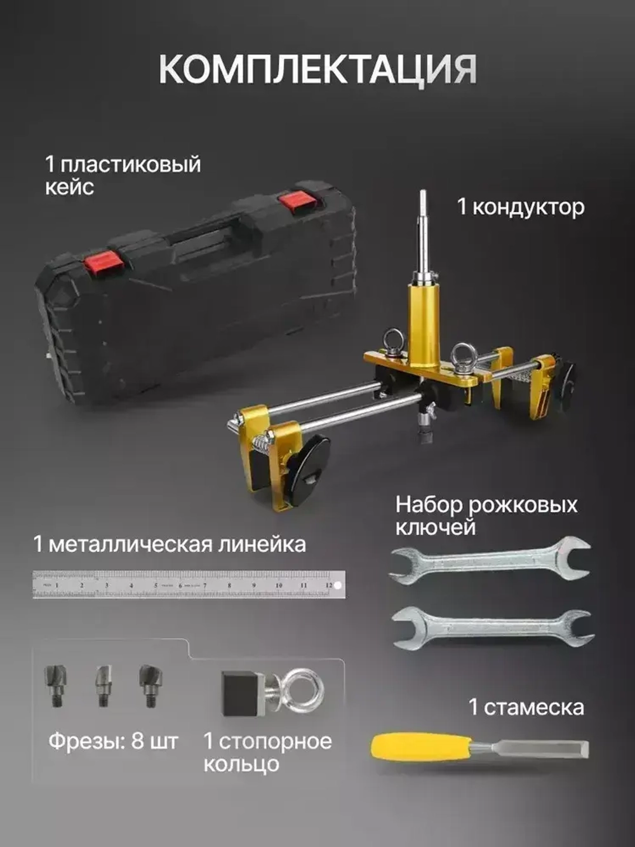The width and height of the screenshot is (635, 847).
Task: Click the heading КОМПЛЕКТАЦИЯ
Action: tap(317, 69)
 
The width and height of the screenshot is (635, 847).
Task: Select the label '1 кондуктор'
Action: tap(521, 207)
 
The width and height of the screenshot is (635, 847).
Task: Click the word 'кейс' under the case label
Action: tap(69, 187)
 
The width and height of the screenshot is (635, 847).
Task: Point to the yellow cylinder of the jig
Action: tap(424, 324)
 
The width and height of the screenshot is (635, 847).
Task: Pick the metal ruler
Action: tap(189, 585)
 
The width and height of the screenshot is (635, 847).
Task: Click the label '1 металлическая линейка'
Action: tap(170, 545)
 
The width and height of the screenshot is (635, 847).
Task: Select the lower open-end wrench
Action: tap(493, 625)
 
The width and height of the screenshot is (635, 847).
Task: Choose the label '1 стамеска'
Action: tap(526, 707)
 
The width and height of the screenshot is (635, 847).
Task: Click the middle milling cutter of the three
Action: tap(103, 685)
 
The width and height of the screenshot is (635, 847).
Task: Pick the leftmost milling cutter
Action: tap(55, 684)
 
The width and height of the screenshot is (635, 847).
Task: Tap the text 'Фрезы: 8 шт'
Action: tap(113, 741)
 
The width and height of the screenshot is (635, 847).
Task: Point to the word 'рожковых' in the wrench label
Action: tap(523, 505)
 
